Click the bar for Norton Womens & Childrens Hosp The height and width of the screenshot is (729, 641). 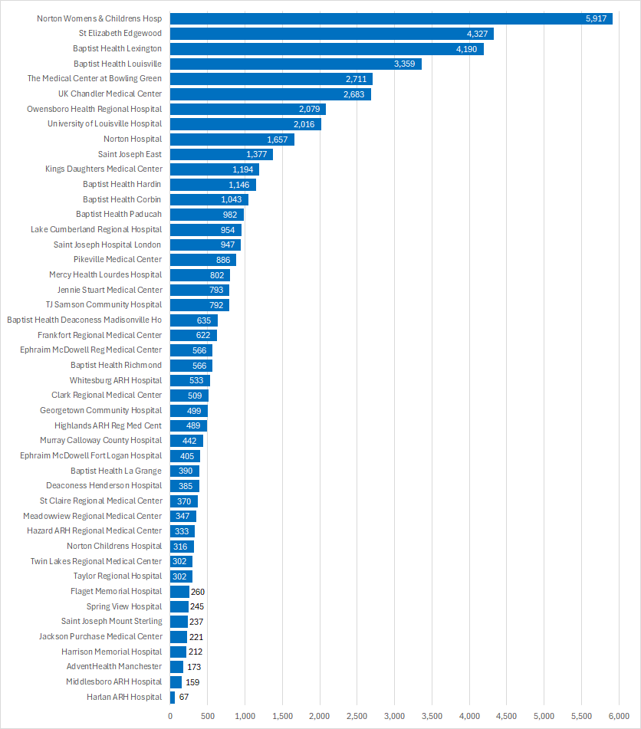[391, 18]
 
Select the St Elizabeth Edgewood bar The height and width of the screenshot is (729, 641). [331, 34]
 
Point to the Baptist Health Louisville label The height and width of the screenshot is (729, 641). [117, 64]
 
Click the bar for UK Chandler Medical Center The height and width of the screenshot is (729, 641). [270, 94]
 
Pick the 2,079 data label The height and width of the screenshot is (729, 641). [310, 109]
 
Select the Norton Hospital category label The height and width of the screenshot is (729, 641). [133, 139]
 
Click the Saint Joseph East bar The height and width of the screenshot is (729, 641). [221, 154]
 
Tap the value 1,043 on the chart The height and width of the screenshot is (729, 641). [232, 199]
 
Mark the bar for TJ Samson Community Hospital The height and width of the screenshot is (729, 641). [199, 305]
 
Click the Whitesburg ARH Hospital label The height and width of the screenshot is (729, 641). [116, 380]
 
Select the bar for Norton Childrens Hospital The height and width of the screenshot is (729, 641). [182, 547]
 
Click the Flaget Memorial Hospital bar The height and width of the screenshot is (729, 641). [179, 592]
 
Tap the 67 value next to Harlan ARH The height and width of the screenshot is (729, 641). [183, 697]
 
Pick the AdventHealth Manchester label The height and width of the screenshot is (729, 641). [114, 667]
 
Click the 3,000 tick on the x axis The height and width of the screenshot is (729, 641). [394, 716]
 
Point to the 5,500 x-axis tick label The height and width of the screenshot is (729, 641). [581, 716]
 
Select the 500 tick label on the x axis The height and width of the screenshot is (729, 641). [207, 716]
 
